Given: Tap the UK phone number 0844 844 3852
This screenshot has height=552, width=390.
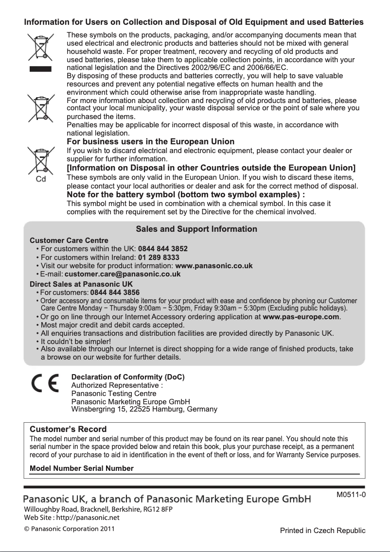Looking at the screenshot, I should [x=163, y=249].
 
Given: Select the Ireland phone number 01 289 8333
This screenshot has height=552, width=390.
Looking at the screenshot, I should [x=159, y=257].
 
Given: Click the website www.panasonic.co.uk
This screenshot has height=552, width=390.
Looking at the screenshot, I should [x=213, y=266].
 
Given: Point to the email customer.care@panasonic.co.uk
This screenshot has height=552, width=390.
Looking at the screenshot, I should [x=123, y=274].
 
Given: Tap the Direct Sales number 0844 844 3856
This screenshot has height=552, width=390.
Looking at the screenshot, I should [x=115, y=292].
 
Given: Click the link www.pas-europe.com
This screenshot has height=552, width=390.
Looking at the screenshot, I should [x=301, y=317].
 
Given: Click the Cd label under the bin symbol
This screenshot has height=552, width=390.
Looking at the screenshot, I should [x=42, y=178].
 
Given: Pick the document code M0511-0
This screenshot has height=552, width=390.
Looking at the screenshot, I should [x=351, y=495].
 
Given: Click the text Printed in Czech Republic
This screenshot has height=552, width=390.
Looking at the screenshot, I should [x=322, y=530].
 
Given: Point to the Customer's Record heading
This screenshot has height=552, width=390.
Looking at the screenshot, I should [x=68, y=430].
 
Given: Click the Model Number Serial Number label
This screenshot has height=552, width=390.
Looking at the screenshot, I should [x=82, y=468].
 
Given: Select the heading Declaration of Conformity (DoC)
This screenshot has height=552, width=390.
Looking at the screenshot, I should [x=128, y=377].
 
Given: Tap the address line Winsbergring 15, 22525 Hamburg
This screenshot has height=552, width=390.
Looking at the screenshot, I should [x=144, y=409].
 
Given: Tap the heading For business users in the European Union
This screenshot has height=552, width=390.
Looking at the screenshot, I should [x=150, y=141].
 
